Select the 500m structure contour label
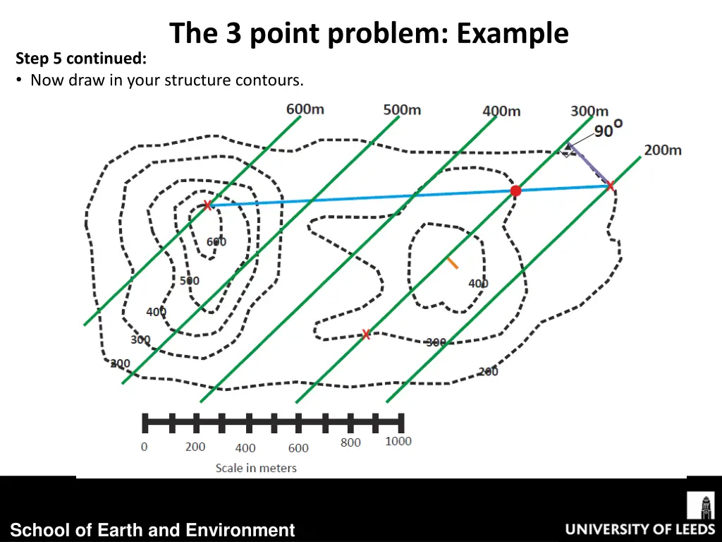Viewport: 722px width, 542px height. click(402, 109)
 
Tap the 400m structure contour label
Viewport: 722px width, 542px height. click(501, 111)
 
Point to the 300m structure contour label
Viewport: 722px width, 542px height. click(589, 112)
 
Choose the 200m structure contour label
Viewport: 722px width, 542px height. click(663, 150)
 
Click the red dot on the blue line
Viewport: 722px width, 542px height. click(515, 191)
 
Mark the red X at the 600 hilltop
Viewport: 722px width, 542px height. click(207, 205)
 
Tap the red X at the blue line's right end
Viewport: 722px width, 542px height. click(610, 186)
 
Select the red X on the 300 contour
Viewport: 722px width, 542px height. click(365, 335)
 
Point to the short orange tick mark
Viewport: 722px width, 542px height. click(451, 263)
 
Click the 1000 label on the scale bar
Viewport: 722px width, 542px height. click(398, 441)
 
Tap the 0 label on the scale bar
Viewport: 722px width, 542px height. click(145, 447)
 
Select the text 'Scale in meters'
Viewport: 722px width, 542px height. click(256, 467)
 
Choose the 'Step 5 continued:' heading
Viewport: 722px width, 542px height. click(81, 59)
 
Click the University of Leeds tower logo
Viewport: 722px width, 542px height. click(700, 506)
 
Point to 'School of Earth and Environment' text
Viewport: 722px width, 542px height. click(152, 530)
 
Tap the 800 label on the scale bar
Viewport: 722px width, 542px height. click(350, 442)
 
